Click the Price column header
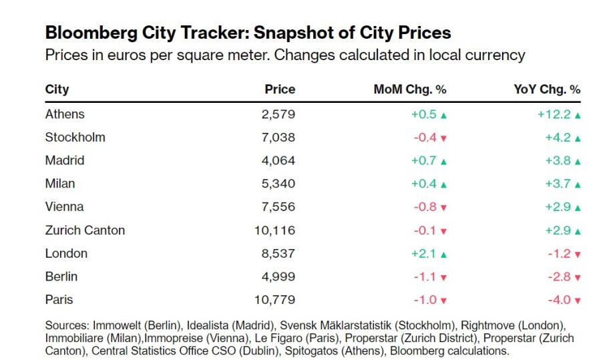[280, 89]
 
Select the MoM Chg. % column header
[410, 89]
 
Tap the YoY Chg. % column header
[547, 89]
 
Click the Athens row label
[65, 114]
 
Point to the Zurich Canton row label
[85, 230]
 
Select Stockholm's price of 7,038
[278, 138]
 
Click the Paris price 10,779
[275, 300]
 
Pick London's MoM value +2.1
[423, 253]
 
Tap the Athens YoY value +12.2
[554, 114]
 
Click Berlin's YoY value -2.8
[559, 277]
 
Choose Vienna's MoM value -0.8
[425, 207]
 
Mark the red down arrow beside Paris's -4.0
[578, 301]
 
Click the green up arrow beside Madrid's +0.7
[443, 162]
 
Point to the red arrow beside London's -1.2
[578, 254]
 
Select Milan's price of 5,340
[278, 184]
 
